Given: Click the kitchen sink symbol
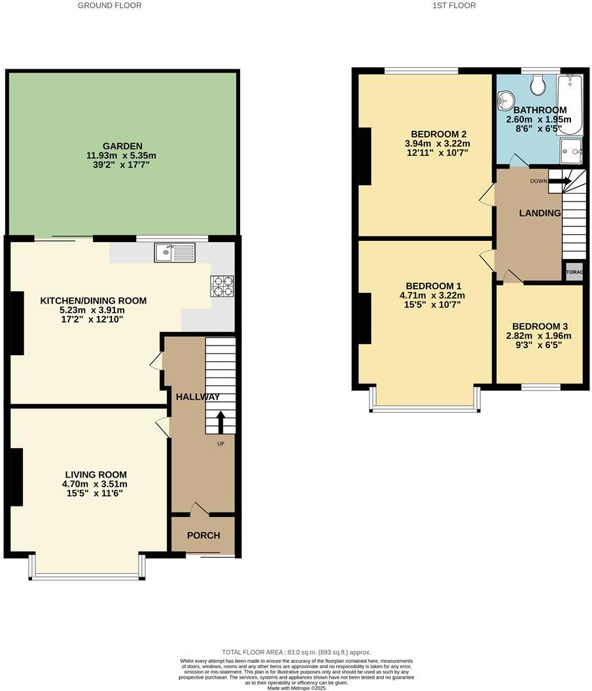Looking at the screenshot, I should coord(175,252).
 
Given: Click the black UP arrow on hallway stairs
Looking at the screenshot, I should coord(220,422).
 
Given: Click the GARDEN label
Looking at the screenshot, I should coord(122,146).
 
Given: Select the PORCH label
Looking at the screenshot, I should coord(203,535).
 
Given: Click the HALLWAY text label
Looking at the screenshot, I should coord(197,397).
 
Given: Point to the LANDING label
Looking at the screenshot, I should coord(540,213).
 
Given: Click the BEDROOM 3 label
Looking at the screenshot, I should coord(541,327).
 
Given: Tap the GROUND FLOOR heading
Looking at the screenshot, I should coord(109,5).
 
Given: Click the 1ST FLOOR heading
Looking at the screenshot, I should coord(454,5).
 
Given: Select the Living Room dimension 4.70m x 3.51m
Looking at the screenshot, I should coord(96,484).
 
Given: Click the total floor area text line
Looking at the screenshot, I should coord(296,652).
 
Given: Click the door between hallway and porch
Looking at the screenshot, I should coord(200,509).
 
